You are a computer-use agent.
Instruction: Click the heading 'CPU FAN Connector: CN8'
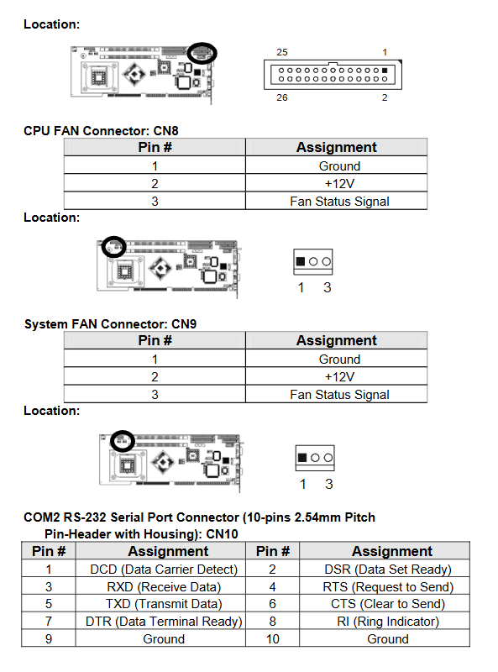(101, 131)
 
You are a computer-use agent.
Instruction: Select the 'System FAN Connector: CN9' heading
(110, 324)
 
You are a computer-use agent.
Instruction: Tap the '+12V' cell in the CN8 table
(339, 183)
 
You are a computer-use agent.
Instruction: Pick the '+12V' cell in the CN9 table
(339, 376)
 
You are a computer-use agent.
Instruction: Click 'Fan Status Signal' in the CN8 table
(339, 202)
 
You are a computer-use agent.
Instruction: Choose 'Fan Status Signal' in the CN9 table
(339, 395)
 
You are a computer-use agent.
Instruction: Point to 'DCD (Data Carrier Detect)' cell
(164, 570)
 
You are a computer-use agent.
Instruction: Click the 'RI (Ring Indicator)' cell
(388, 622)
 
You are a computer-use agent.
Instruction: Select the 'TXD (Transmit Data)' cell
(164, 604)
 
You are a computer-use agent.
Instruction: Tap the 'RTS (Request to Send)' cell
(388, 586)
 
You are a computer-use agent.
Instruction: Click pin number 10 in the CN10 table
(273, 639)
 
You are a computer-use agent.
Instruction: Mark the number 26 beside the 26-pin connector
(282, 97)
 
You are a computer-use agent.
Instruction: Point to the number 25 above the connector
(282, 52)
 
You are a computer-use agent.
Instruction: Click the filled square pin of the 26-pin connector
(385, 71)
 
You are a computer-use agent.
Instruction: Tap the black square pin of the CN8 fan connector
(301, 261)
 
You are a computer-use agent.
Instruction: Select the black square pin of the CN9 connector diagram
(302, 457)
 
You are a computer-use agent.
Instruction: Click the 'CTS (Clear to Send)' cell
(388, 604)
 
